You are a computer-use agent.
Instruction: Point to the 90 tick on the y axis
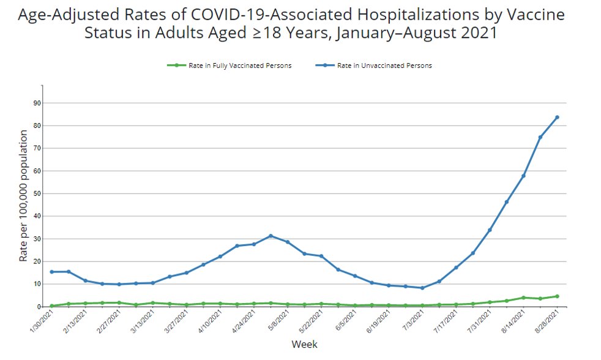pos(37,103)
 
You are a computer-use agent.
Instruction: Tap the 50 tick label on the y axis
pos(37,193)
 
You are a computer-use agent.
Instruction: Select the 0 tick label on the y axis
pos(39,307)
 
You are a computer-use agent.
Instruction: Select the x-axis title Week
pos(304,345)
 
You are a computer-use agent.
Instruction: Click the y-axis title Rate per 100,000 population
pos(23,196)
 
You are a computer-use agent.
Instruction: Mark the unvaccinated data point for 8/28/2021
pos(557,117)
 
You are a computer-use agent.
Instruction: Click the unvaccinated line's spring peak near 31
pos(271,236)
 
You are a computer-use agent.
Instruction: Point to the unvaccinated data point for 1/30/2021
pos(51,272)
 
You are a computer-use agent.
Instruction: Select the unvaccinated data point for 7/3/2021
pos(422,288)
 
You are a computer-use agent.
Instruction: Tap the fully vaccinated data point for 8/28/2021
pos(557,296)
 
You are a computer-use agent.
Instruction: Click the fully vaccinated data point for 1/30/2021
pos(51,306)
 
